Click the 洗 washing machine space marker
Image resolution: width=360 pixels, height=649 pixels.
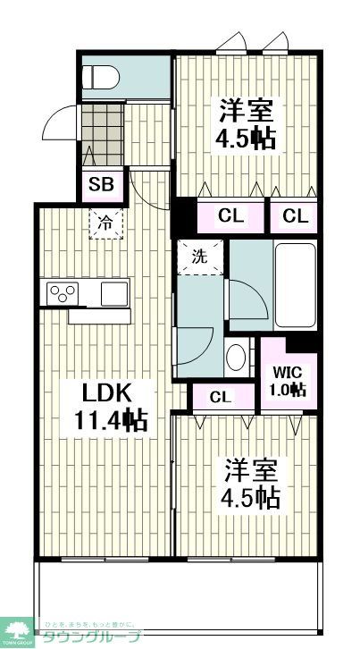point(199,256)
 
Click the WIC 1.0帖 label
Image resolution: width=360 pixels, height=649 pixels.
point(288,380)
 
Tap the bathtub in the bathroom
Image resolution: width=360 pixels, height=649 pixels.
point(295,284)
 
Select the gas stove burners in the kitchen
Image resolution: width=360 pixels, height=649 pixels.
point(63,291)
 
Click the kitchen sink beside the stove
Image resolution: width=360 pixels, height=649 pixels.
point(114,292)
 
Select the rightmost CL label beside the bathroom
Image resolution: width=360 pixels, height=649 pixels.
point(297,215)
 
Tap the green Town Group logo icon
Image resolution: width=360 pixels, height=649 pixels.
point(15,629)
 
